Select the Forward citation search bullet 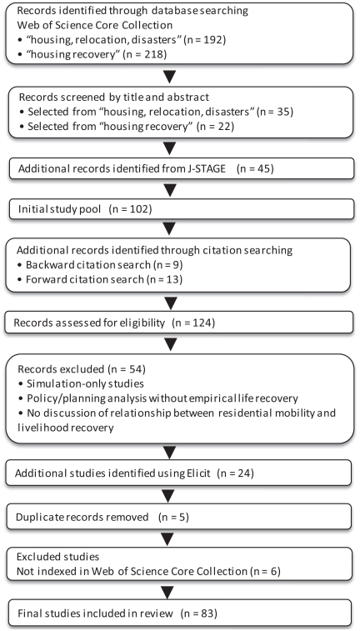[x=99, y=279]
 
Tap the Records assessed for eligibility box [x=179, y=323]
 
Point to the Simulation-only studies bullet [x=81, y=383]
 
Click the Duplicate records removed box [x=179, y=517]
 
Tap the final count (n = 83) [x=199, y=613]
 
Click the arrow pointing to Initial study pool [x=170, y=189]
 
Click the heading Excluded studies [x=57, y=557]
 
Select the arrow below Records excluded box [x=170, y=453]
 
